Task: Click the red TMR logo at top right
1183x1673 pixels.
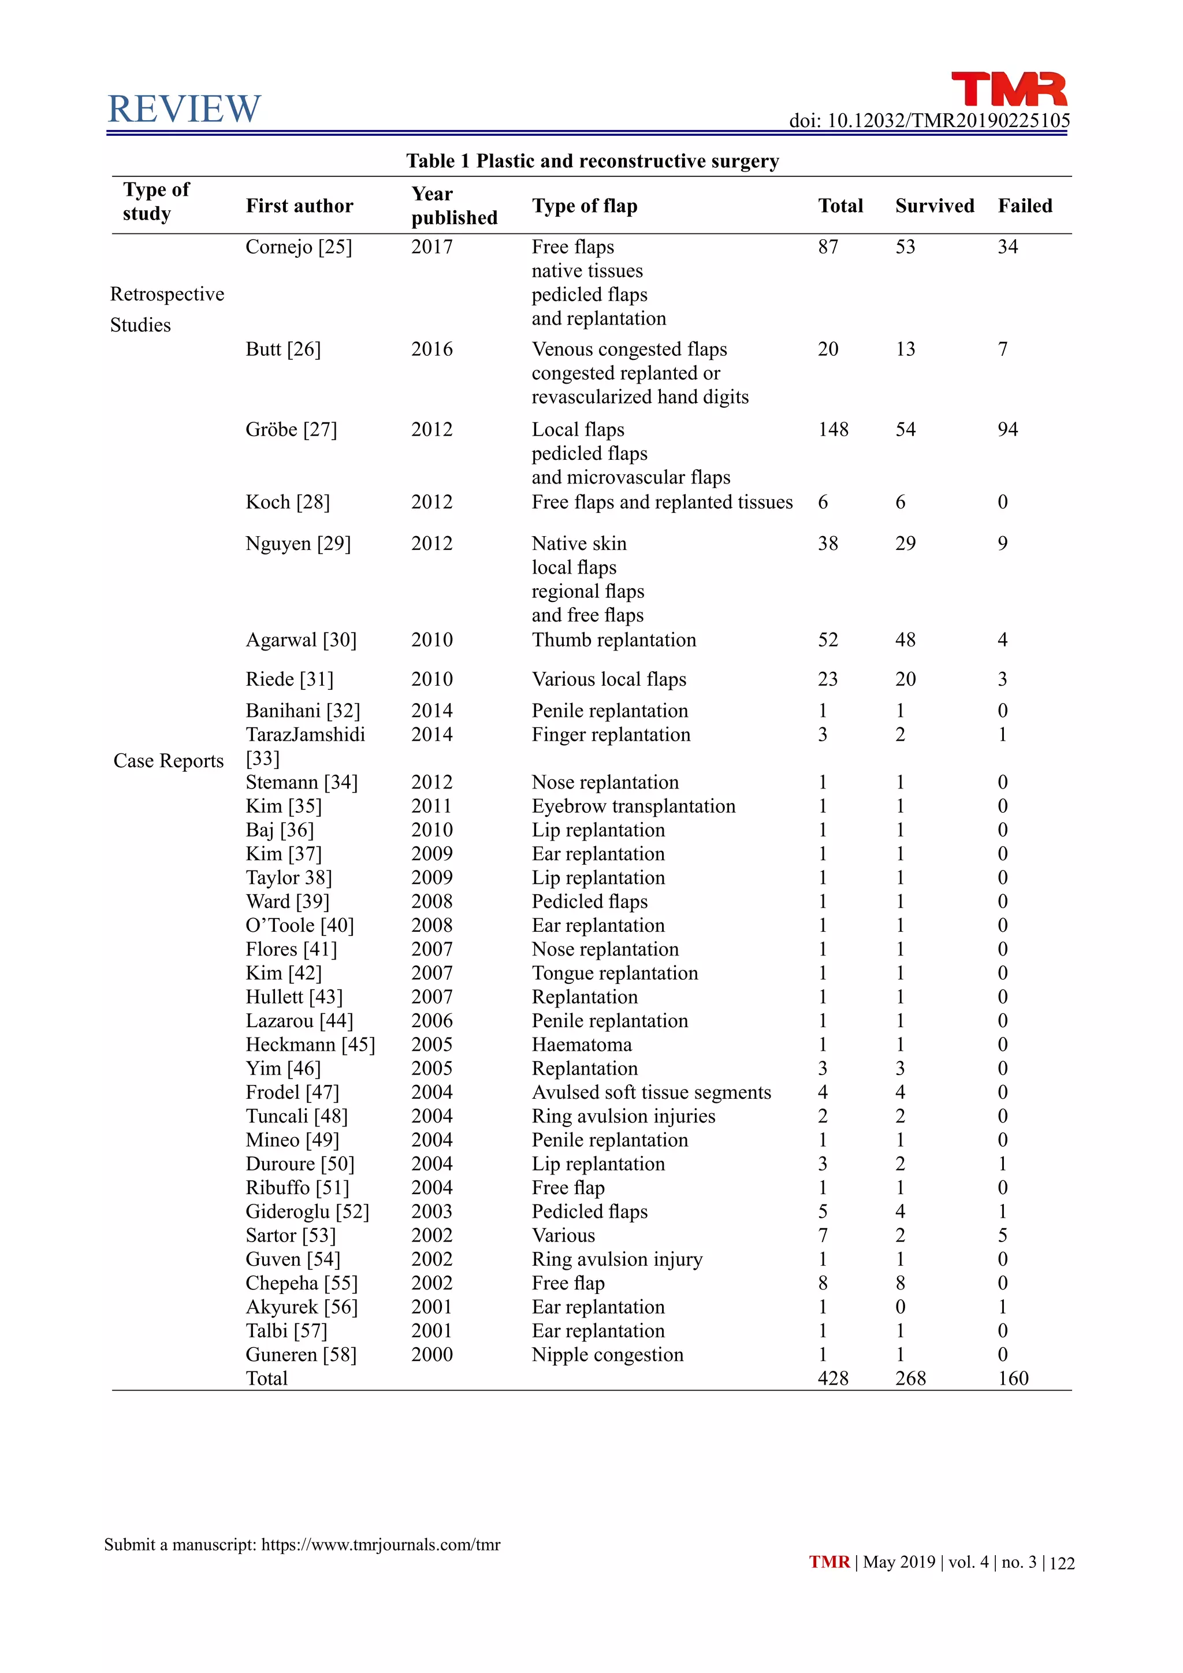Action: point(1009,90)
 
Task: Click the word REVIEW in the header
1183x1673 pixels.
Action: point(184,109)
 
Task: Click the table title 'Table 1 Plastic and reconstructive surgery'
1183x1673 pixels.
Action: point(592,161)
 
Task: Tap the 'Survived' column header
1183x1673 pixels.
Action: point(935,206)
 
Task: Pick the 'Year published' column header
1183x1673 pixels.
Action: point(454,206)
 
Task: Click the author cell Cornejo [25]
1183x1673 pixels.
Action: point(299,247)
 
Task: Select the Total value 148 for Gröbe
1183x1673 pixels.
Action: point(832,430)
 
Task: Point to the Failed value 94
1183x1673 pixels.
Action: point(1007,430)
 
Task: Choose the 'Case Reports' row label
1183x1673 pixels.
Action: point(168,761)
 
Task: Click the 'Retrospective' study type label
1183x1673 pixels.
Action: point(167,295)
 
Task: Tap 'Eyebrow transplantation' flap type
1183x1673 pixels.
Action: point(633,806)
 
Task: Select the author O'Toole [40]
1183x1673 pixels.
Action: point(299,925)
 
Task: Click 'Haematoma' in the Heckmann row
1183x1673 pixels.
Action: point(581,1045)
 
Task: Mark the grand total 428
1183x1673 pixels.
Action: point(832,1378)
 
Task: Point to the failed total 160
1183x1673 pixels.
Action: point(1013,1378)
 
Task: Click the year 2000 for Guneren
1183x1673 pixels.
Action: point(431,1355)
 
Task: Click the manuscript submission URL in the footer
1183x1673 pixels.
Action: point(380,1545)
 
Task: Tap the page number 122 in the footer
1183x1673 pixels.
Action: point(1062,1563)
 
